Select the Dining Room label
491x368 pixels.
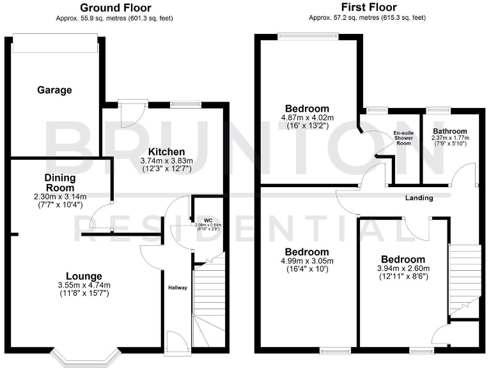[x=60, y=183]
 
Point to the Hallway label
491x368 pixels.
[x=178, y=288]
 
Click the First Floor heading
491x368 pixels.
[x=367, y=8]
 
